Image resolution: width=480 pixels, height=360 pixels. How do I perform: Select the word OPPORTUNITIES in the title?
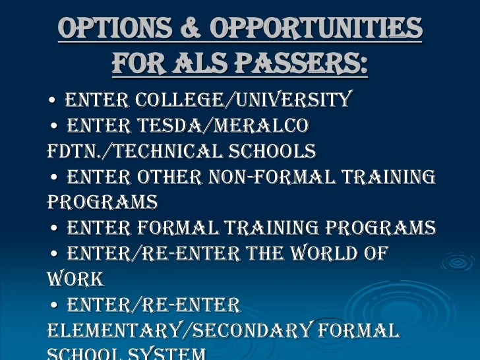click(x=316, y=28)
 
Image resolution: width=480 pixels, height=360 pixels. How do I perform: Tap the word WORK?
click(x=76, y=279)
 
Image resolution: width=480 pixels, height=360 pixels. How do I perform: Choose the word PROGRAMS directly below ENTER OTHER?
click(x=102, y=202)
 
